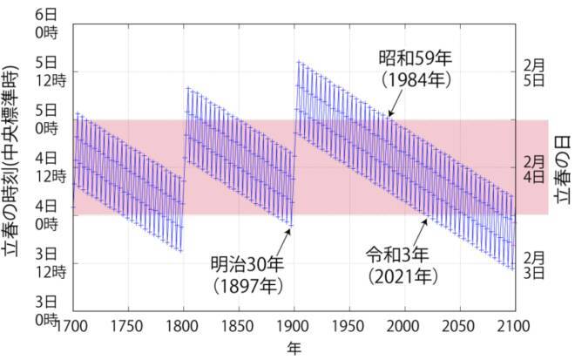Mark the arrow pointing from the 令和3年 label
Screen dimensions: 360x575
pos(419,231)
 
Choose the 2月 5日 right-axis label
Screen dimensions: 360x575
pos(533,71)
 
